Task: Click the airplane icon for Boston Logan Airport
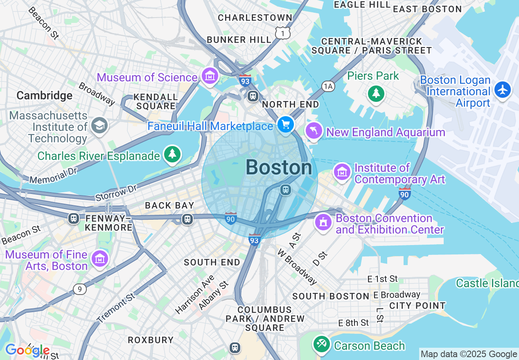coord(502,89)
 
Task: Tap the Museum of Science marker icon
coord(210,75)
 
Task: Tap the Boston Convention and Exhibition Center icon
coord(323,222)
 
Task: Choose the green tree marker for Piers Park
coord(375,93)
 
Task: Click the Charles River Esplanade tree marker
coord(172,154)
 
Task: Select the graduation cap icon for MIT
coord(99,125)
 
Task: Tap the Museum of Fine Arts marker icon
coord(100,258)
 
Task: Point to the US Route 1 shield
coord(282,33)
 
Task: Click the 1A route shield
coord(328,86)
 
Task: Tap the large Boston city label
coord(279,168)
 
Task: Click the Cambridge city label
coord(44,96)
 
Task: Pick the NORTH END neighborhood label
coord(290,104)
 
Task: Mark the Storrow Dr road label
coord(116,192)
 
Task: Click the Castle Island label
coord(487,283)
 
